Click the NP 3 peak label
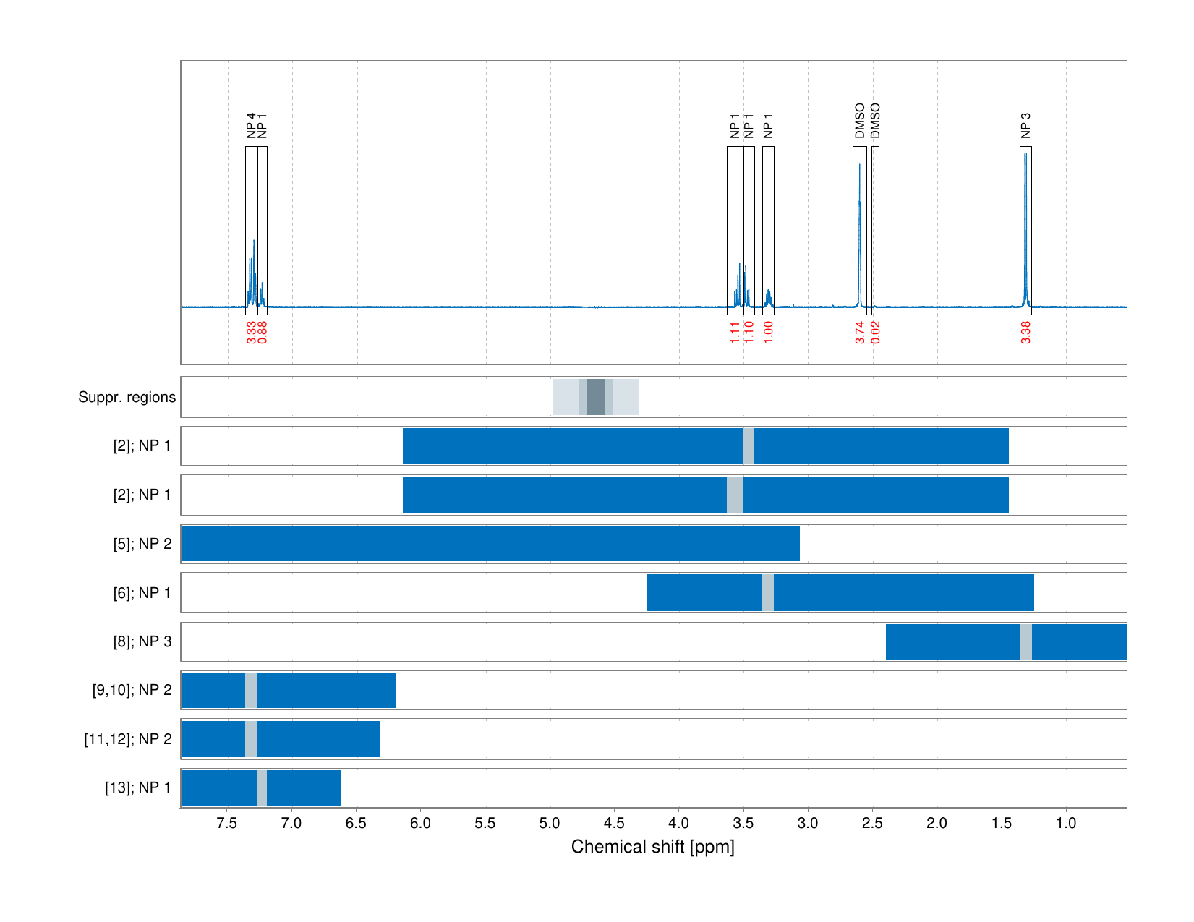coord(1025,125)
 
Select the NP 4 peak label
coord(251,125)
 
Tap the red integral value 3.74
coord(860,333)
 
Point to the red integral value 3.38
coord(1025,333)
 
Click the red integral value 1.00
coord(768,333)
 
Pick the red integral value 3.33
coord(251,333)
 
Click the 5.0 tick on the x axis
coord(550,823)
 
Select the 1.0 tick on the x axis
coord(1066,823)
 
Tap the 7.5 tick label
coord(227,823)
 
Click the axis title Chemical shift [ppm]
coord(652,847)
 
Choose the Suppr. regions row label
coord(127,397)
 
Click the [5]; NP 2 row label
coord(142,544)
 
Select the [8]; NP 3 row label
coord(142,641)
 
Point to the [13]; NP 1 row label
coord(138,787)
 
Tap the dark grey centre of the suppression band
coord(595,397)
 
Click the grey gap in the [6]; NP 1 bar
coord(768,592)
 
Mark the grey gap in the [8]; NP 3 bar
coord(1025,641)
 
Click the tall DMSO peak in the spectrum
coord(860,217)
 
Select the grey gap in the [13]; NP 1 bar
coord(262,787)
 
